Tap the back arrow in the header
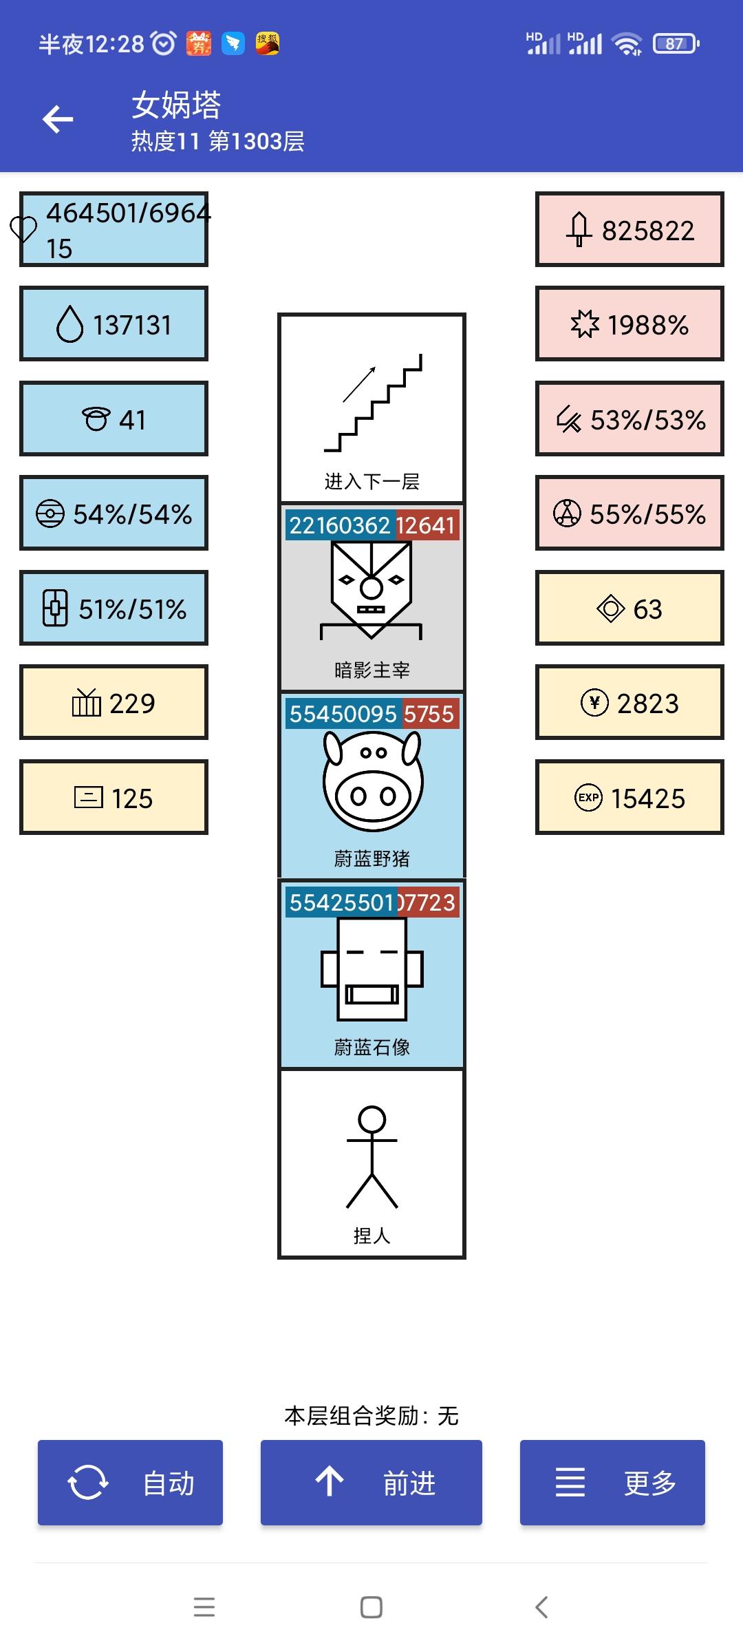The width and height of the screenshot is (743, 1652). pyautogui.click(x=58, y=119)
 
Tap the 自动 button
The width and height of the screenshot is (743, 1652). pyautogui.click(x=130, y=1482)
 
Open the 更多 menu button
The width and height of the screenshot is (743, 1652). pyautogui.click(x=612, y=1482)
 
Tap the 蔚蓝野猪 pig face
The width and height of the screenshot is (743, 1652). pyautogui.click(x=372, y=781)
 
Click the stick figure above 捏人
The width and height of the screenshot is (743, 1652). pyautogui.click(x=372, y=1157)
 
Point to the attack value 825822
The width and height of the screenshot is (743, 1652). pyautogui.click(x=629, y=230)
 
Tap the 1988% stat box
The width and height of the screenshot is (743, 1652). pyautogui.click(x=629, y=324)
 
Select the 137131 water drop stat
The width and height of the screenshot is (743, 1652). pyautogui.click(x=114, y=324)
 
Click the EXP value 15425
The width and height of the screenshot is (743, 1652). pyautogui.click(x=629, y=798)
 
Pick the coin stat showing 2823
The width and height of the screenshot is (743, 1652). pyautogui.click(x=629, y=703)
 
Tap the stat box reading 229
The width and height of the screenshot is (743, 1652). pyautogui.click(x=114, y=703)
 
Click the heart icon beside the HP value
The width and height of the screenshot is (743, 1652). pyautogui.click(x=23, y=229)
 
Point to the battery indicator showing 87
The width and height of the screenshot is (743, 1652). pyautogui.click(x=676, y=44)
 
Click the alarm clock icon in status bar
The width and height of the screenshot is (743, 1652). pyautogui.click(x=164, y=44)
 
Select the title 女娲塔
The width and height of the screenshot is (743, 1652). pyautogui.click(x=177, y=105)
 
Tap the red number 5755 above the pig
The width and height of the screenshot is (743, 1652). pyautogui.click(x=429, y=714)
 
